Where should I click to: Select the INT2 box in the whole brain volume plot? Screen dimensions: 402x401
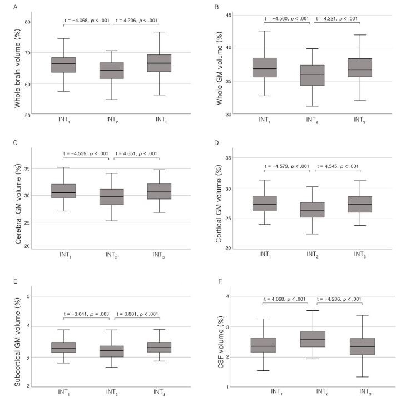coord(112,70)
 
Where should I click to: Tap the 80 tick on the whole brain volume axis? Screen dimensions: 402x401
coord(27,22)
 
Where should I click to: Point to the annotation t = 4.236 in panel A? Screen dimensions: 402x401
coord(136,21)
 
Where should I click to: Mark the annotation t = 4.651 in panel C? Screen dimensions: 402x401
coord(137,153)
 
